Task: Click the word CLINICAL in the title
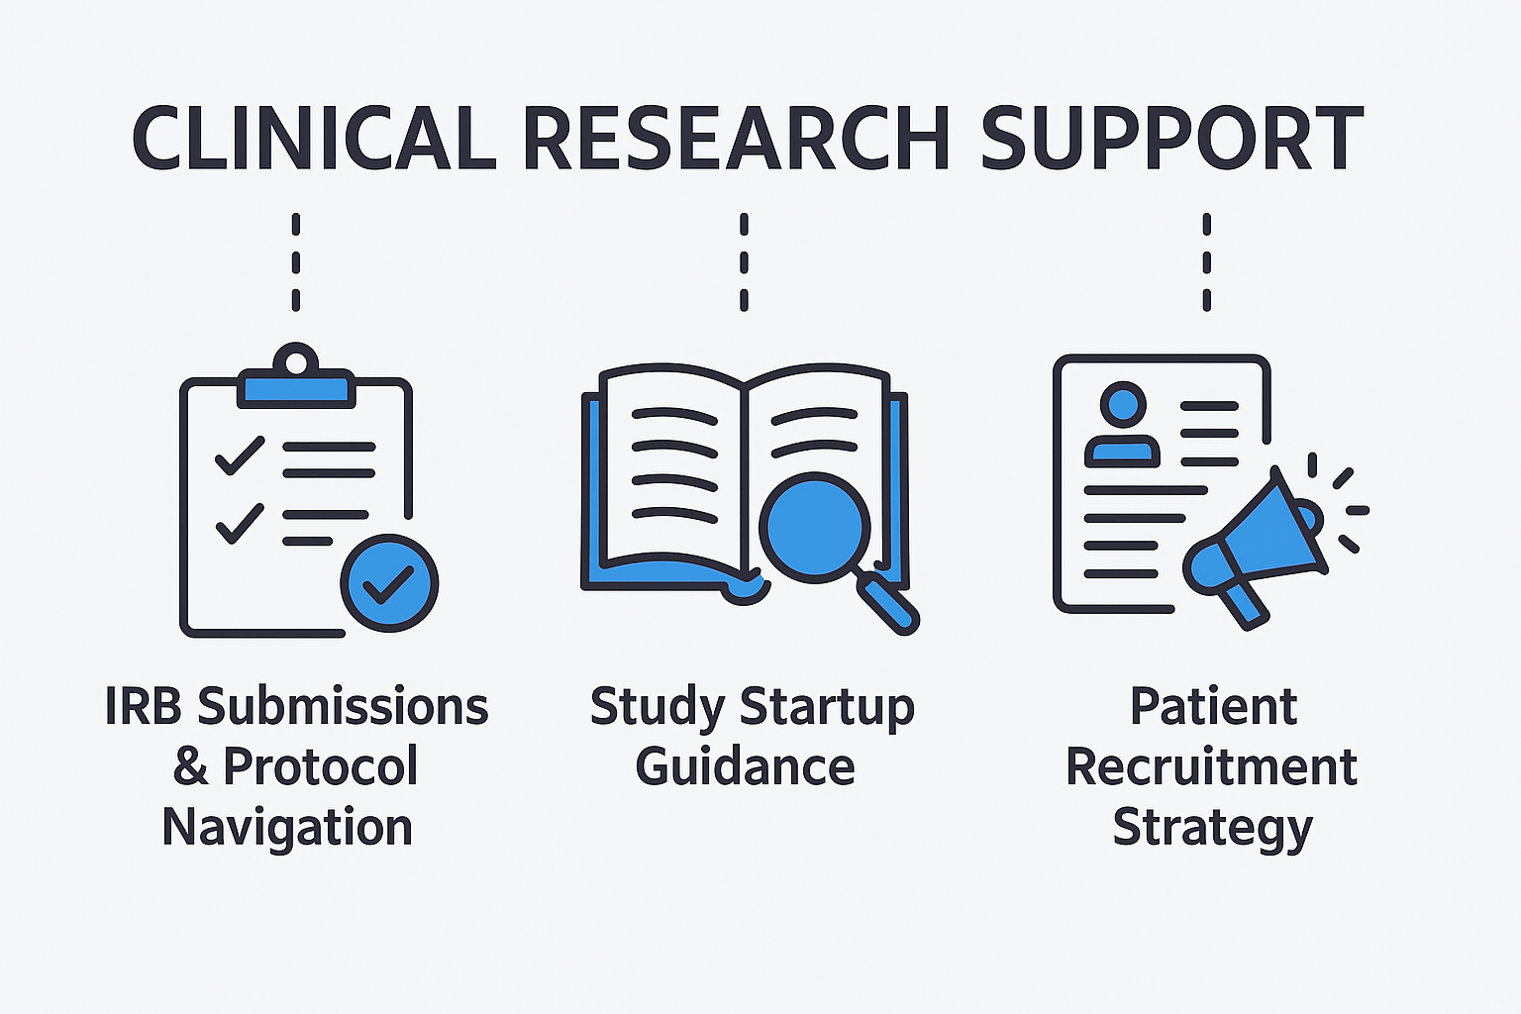313,139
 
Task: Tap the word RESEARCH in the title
736,139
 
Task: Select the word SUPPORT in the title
1171,139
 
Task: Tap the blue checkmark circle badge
389,583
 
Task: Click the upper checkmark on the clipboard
239,455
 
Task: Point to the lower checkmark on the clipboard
239,522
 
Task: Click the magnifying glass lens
814,526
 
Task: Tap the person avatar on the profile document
1122,426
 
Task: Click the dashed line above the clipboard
296,262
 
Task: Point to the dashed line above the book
744,262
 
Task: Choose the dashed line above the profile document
1206,262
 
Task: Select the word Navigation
287,828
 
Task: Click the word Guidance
745,767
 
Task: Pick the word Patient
1213,707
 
